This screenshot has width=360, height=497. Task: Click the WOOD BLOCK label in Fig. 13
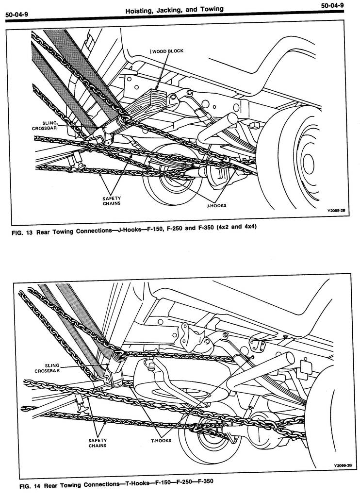[166, 51]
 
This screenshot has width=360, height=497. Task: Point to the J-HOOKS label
[215, 205]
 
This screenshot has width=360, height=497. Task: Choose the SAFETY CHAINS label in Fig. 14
[97, 442]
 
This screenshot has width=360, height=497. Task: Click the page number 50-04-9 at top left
[16, 15]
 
